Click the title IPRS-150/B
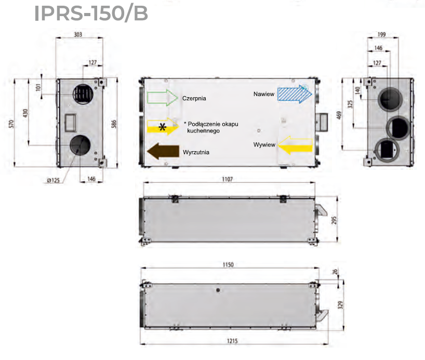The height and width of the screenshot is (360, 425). (91, 14)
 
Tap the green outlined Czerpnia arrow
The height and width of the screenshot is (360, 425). (163, 98)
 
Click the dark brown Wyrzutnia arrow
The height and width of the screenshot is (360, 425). (162, 152)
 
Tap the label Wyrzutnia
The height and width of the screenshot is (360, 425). (196, 153)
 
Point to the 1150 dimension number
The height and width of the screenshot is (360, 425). (228, 264)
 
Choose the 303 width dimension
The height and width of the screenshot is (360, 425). (78, 35)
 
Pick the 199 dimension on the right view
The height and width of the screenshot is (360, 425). (382, 35)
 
